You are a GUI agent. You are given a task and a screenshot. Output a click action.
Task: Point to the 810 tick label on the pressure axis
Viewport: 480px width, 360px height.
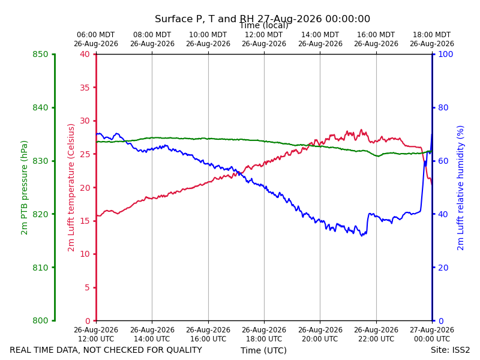coord(40,268)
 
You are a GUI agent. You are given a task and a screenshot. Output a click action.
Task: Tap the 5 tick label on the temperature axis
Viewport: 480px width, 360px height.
coord(87,288)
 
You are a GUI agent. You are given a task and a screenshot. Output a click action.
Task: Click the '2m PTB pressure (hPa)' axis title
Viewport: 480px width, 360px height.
coord(24,188)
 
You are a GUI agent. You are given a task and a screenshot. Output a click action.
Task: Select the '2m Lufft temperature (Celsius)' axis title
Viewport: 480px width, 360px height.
coord(71,188)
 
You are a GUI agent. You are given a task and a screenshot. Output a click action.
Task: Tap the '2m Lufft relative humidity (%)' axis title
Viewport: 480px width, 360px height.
coord(460,188)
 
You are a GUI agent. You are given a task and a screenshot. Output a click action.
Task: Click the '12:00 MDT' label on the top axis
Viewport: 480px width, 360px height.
coord(264,35)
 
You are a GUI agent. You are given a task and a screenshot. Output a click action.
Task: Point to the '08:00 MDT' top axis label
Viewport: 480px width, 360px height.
coord(152,35)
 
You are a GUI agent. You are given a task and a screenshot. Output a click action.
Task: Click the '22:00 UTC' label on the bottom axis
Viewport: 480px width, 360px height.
coord(376,339)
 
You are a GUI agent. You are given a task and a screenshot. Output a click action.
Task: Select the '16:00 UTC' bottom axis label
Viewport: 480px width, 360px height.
coord(208,339)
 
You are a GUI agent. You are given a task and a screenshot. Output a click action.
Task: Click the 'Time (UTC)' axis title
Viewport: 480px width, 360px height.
coord(263,350)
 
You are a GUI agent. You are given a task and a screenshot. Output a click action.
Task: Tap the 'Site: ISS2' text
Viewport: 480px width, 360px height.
coord(451,350)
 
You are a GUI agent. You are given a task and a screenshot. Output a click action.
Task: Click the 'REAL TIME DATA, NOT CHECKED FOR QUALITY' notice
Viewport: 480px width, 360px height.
coord(106,350)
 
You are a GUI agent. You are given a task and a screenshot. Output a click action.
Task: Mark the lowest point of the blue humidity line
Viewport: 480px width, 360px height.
coord(362,236)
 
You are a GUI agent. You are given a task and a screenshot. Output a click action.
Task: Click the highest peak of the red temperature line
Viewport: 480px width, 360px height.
coord(361,130)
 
